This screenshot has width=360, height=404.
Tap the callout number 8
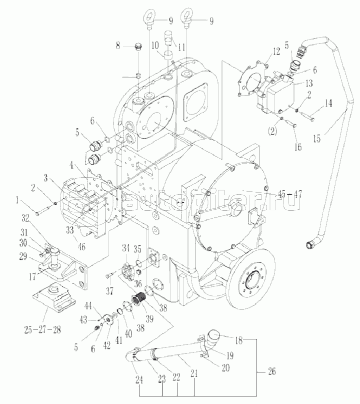[118, 46]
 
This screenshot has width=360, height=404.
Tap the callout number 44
[88, 305]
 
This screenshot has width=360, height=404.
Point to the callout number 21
[193, 372]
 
